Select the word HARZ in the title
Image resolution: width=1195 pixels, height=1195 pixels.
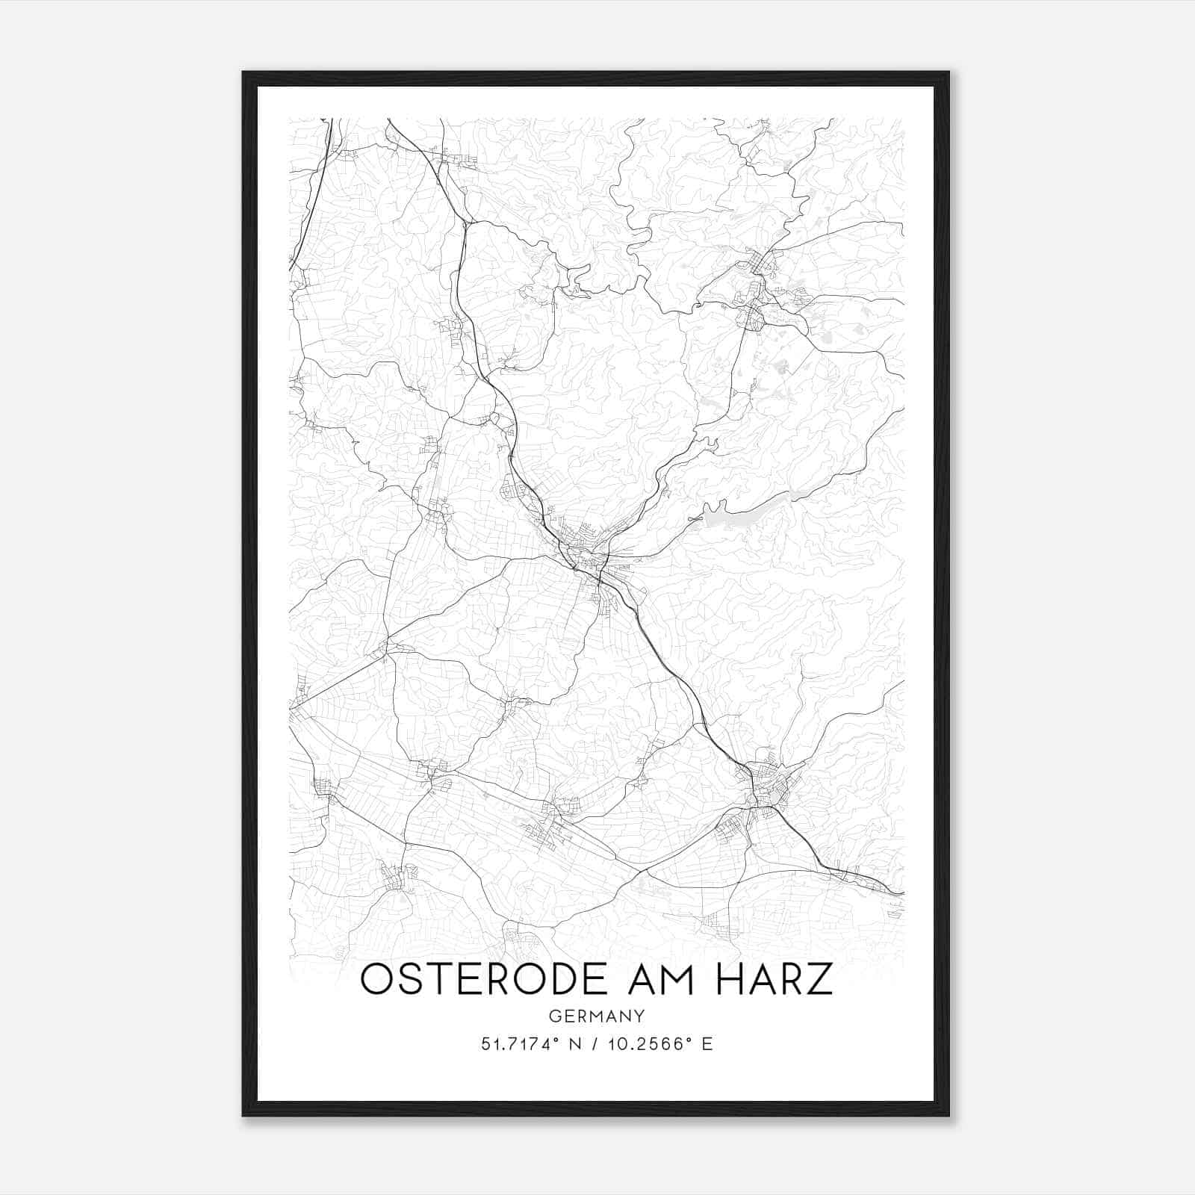point(773,979)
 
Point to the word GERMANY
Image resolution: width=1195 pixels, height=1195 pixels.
point(597,1016)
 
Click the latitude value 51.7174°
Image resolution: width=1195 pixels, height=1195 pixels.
point(520,1044)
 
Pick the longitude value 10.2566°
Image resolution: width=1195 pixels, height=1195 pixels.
point(648,1044)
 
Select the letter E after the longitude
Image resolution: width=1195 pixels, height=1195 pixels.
point(707,1044)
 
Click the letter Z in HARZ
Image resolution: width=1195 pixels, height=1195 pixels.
point(820,979)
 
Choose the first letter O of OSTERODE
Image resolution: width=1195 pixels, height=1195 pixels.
point(376,979)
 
